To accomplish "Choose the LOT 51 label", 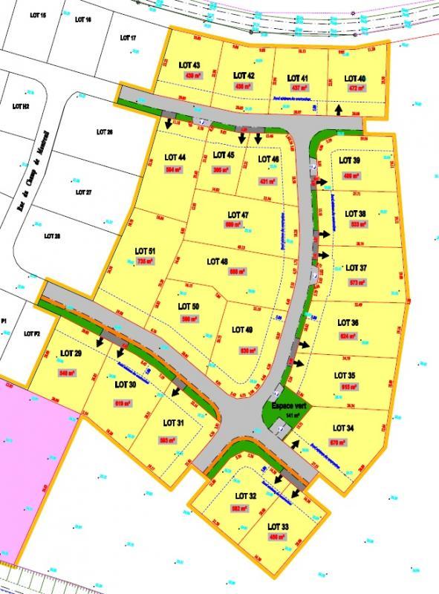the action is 146,252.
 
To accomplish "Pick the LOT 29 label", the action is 71,353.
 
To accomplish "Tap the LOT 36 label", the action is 348,323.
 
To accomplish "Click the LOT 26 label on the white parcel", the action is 104,132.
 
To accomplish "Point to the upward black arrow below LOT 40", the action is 339,109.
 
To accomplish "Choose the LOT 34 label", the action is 344,429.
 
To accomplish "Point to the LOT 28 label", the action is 51,236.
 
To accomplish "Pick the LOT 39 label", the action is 349,160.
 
